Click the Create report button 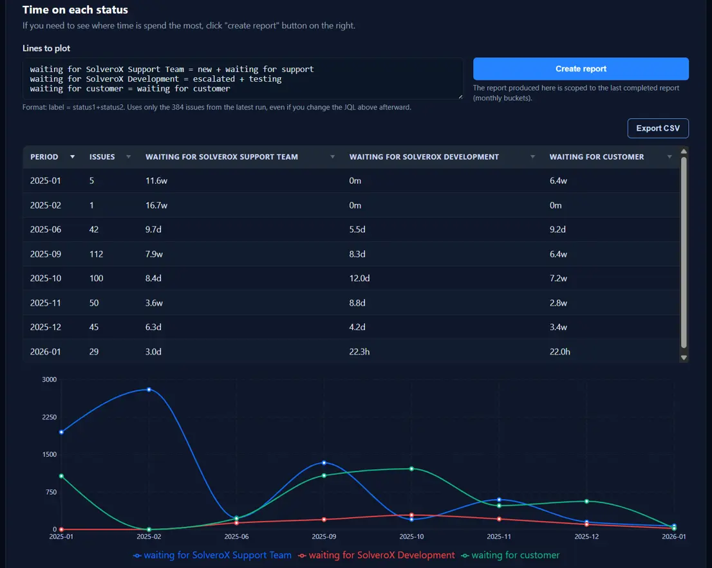coord(581,69)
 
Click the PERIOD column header coord(44,157)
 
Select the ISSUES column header coord(102,157)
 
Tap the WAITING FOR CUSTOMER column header coord(596,157)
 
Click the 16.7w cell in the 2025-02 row coord(156,205)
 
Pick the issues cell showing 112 coord(96,254)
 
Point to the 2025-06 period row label coord(45,230)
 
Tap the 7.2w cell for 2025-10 coord(558,279)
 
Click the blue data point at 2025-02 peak coord(149,389)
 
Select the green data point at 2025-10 coord(411,468)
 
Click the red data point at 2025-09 coord(324,519)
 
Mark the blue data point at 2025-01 coord(61,432)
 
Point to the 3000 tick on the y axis coord(50,380)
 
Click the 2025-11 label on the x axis coord(499,536)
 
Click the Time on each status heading coord(75,10)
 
